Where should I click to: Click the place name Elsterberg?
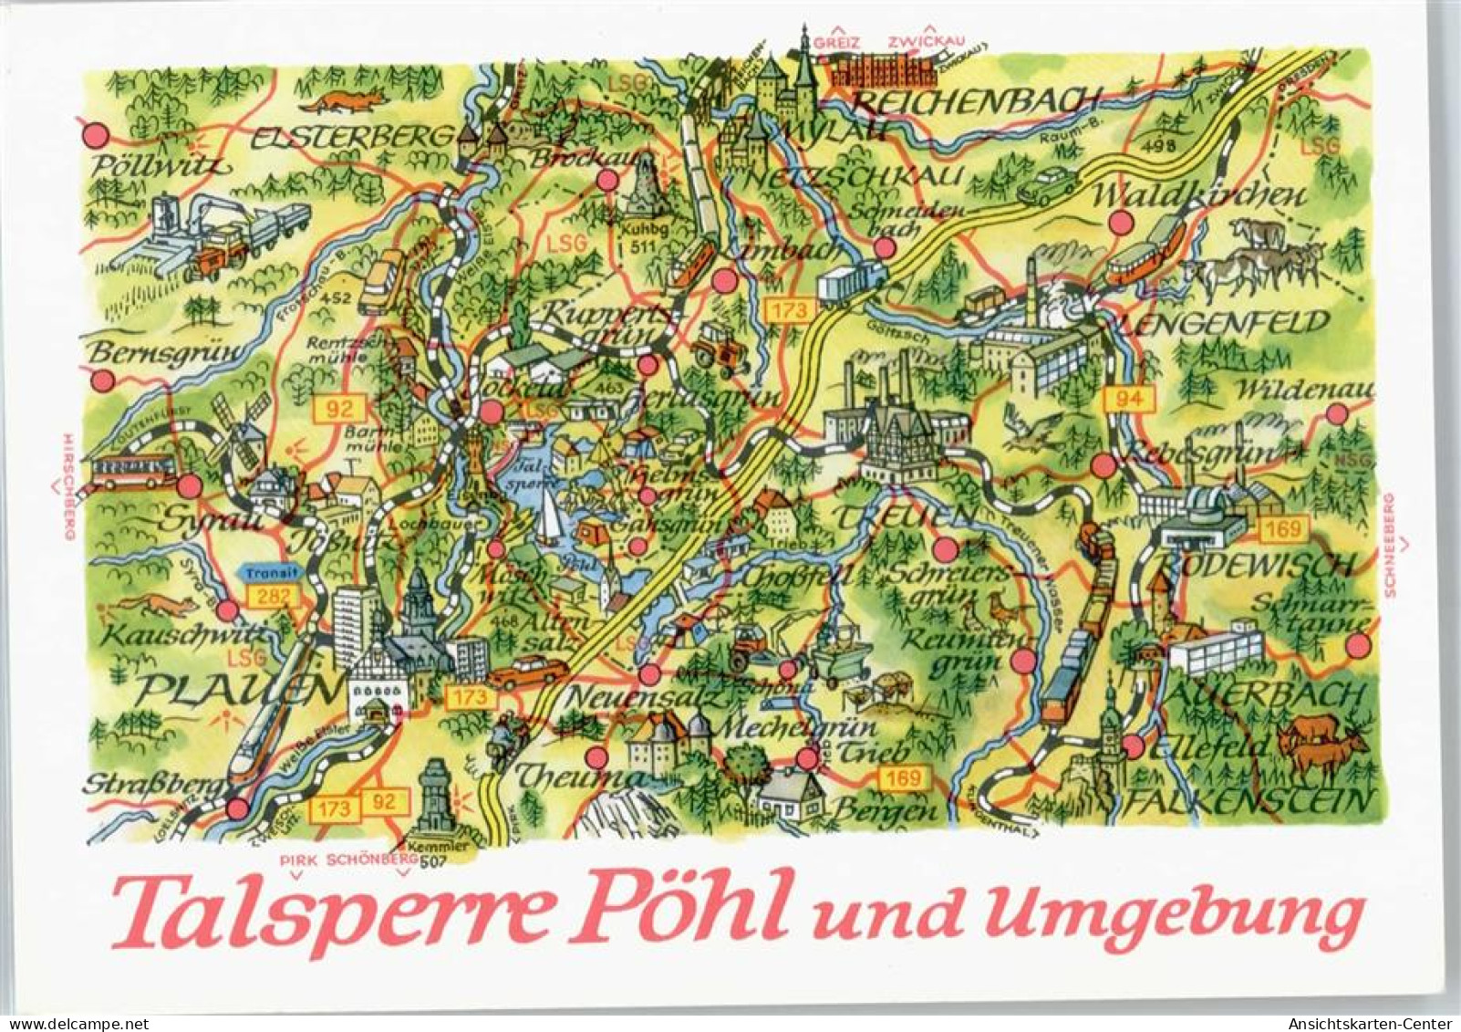click(x=351, y=138)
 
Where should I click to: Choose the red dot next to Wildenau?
click(x=1337, y=413)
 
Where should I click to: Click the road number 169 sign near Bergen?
click(x=906, y=777)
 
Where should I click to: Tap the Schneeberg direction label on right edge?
click(x=1390, y=545)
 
